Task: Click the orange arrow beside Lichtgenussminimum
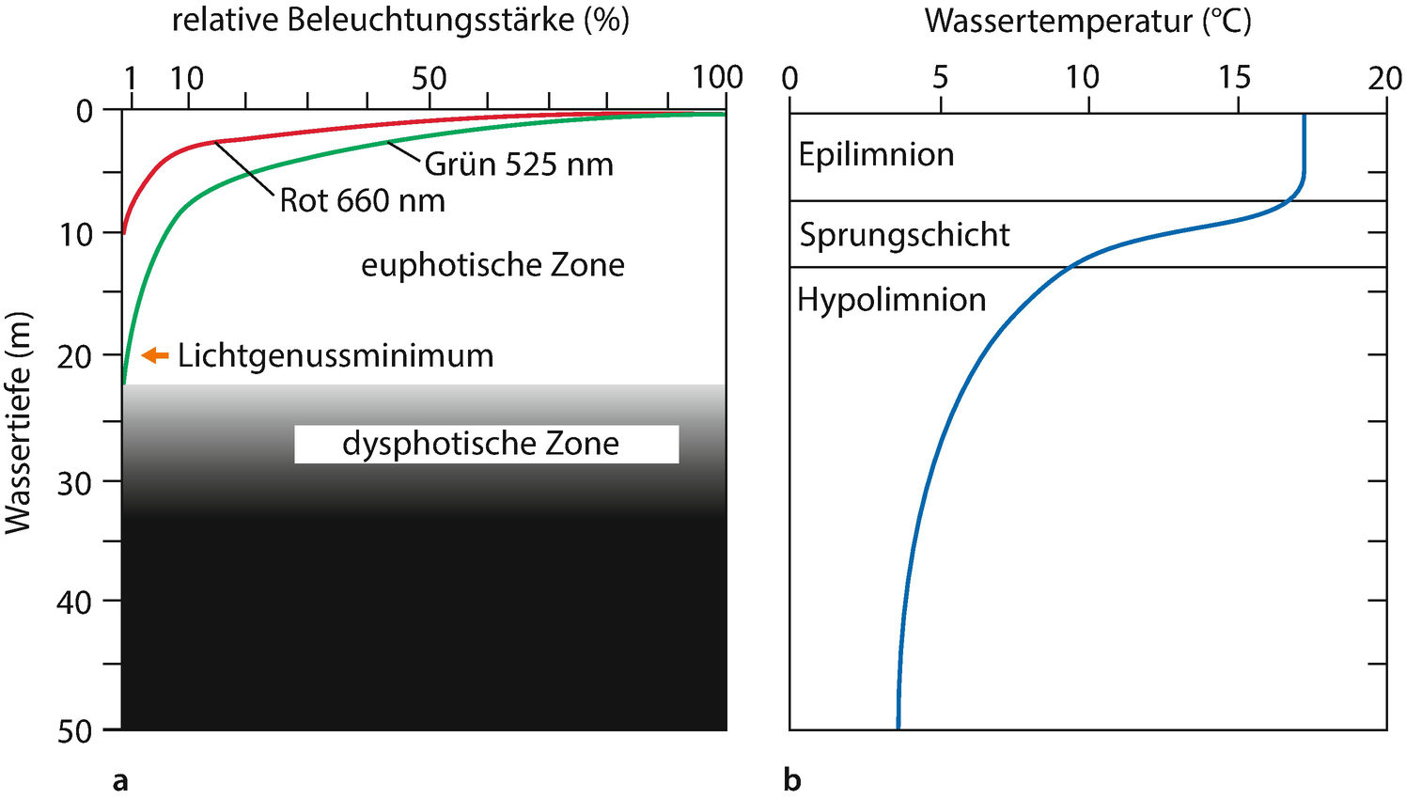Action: click(155, 355)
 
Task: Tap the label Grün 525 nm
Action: click(519, 164)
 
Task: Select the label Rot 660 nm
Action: click(363, 200)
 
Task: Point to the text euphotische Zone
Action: click(492, 265)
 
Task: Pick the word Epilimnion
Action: click(876, 154)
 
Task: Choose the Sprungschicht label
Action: click(904, 234)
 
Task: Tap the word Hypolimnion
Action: click(892, 300)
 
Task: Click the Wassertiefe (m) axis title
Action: click(19, 423)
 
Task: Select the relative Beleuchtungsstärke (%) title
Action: click(400, 21)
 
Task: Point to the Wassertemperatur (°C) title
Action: click(1087, 21)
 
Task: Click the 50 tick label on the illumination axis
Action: click(429, 78)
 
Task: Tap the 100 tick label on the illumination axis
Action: click(717, 78)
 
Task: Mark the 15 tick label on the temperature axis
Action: click(1235, 78)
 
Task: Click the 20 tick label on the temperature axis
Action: click(1384, 78)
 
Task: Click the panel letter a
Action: click(120, 780)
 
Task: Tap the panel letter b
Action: click(792, 780)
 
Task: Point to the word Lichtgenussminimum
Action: click(336, 355)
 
